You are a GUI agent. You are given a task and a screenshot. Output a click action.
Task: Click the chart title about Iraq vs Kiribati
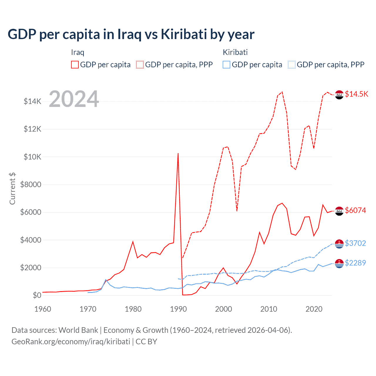[x=131, y=34]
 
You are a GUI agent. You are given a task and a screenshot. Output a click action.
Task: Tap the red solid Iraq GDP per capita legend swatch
[x=75, y=65]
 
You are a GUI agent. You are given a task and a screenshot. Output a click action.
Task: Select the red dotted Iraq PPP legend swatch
[x=140, y=65]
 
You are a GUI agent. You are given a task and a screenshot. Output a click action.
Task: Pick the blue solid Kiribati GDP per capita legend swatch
[x=226, y=65]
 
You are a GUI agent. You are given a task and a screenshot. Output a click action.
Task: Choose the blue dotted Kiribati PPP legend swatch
[x=292, y=65]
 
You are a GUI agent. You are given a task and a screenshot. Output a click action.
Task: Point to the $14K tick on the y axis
[x=32, y=102]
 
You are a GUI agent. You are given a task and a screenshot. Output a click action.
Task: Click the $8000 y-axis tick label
[x=31, y=184]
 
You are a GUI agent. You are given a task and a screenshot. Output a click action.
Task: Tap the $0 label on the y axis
[x=37, y=295]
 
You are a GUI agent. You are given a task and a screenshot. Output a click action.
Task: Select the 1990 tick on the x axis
[x=178, y=309]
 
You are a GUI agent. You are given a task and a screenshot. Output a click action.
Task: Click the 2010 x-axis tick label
[x=269, y=309]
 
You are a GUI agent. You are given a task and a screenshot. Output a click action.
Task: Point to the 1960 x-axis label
[x=43, y=309]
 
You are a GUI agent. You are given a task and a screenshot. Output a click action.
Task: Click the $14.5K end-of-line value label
[x=356, y=94]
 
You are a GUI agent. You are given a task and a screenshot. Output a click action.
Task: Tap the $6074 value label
[x=355, y=210]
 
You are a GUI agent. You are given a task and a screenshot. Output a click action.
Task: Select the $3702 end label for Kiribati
[x=355, y=243]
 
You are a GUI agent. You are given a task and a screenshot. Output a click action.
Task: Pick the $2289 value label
[x=355, y=263]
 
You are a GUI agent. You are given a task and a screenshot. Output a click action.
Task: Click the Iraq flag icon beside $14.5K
[x=339, y=95]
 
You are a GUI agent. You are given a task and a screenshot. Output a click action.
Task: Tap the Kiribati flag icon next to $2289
[x=339, y=264]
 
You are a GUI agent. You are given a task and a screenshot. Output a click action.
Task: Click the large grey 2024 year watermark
[x=74, y=99]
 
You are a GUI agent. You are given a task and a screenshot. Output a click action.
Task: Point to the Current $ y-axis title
[x=12, y=189]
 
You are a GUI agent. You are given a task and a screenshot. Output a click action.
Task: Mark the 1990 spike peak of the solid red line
[x=178, y=153]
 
